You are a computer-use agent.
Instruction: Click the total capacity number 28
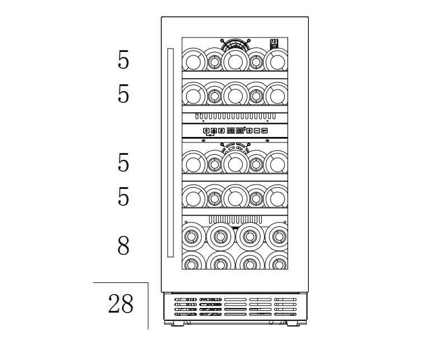(120, 304)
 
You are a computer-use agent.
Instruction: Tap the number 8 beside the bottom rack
(123, 245)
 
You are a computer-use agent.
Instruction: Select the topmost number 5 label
(123, 59)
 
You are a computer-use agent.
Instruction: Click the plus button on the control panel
(250, 130)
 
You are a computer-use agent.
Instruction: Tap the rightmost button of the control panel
(265, 130)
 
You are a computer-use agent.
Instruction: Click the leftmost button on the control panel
(206, 130)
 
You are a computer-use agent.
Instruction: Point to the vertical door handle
(171, 153)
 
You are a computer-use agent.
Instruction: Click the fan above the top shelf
(236, 44)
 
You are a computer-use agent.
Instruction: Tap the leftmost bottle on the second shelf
(194, 95)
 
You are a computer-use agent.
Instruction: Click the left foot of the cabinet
(177, 323)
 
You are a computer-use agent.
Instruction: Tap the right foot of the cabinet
(293, 323)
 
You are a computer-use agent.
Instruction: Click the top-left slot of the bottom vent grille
(186, 300)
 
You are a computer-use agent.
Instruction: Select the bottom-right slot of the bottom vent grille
(285, 314)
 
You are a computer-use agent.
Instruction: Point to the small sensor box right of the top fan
(274, 44)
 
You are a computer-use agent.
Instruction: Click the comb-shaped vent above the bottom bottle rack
(236, 220)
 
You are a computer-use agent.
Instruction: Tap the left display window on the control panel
(231, 130)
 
